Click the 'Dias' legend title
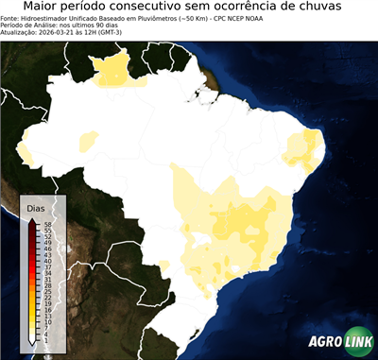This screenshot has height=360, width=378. [x=36, y=207]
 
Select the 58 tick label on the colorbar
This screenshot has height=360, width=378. [x=47, y=223]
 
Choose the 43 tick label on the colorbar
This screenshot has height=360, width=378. [x=47, y=253]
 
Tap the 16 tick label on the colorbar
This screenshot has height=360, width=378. [x=47, y=308]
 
